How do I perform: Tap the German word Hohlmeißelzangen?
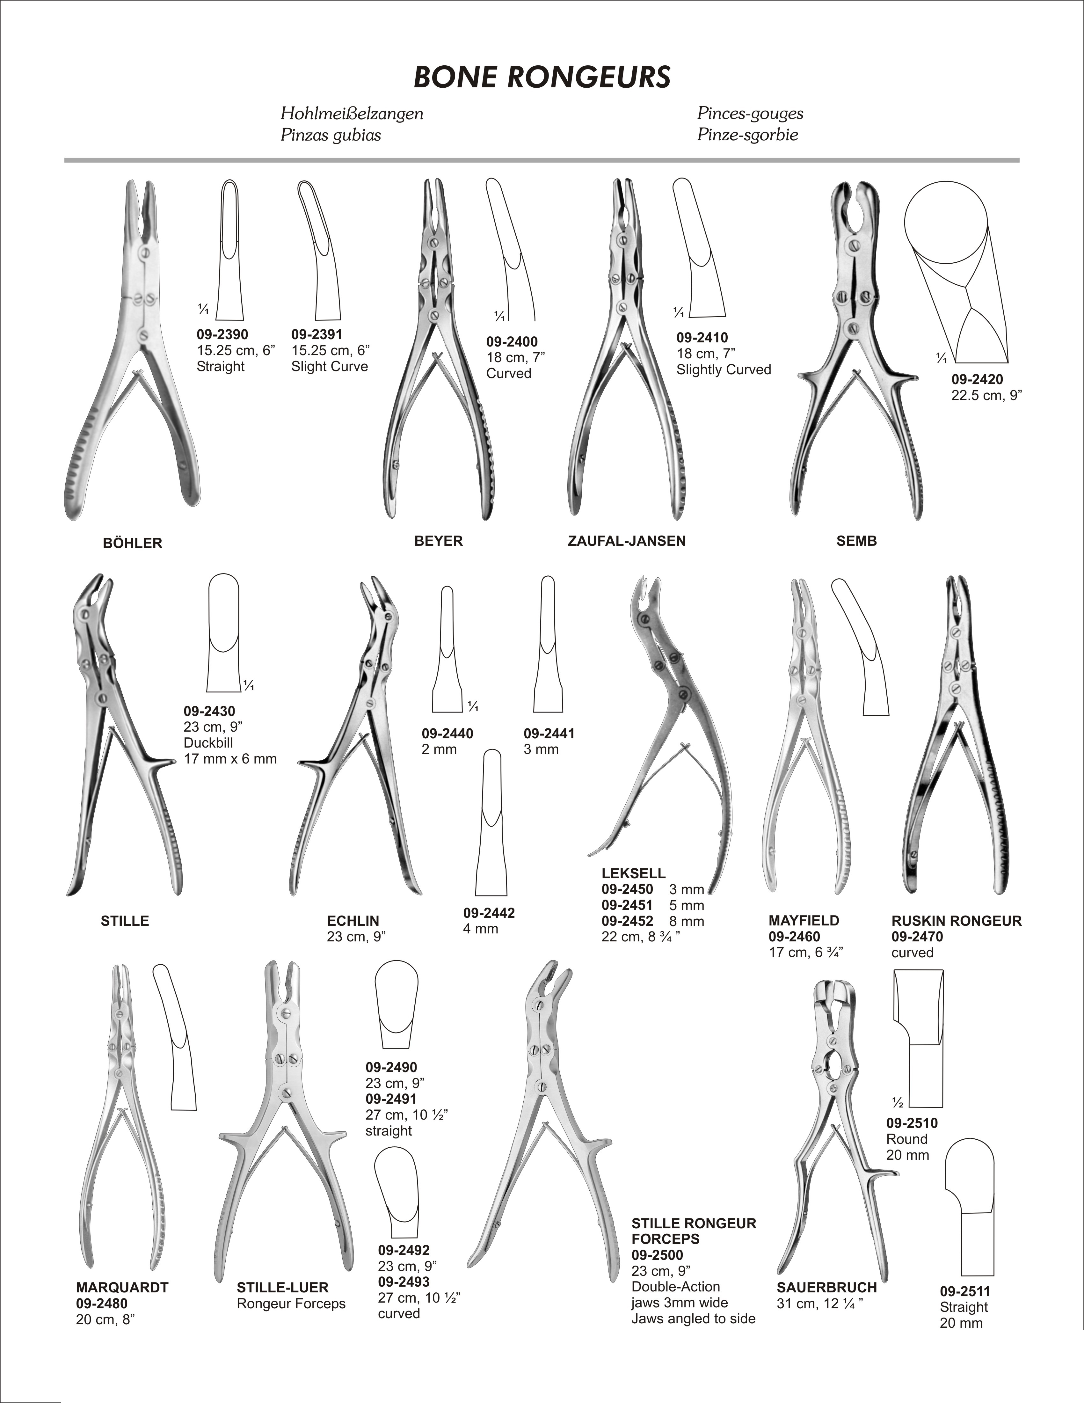click(x=352, y=114)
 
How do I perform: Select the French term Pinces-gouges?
click(x=750, y=114)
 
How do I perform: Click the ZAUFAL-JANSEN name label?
click(x=627, y=541)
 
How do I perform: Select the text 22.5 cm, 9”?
click(x=986, y=395)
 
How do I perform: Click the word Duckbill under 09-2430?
click(x=208, y=742)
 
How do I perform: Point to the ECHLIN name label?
click(x=353, y=921)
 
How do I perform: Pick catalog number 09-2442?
click(x=489, y=913)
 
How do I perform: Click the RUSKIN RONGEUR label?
click(x=956, y=921)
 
